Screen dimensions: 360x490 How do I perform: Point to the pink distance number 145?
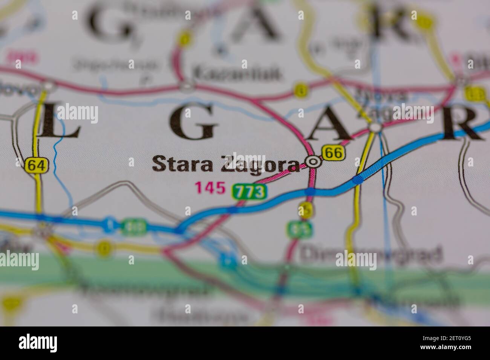210,188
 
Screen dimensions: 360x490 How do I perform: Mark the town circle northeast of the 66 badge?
375,128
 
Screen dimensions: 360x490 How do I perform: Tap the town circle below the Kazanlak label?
187,87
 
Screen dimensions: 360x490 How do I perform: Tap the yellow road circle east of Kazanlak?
301,91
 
